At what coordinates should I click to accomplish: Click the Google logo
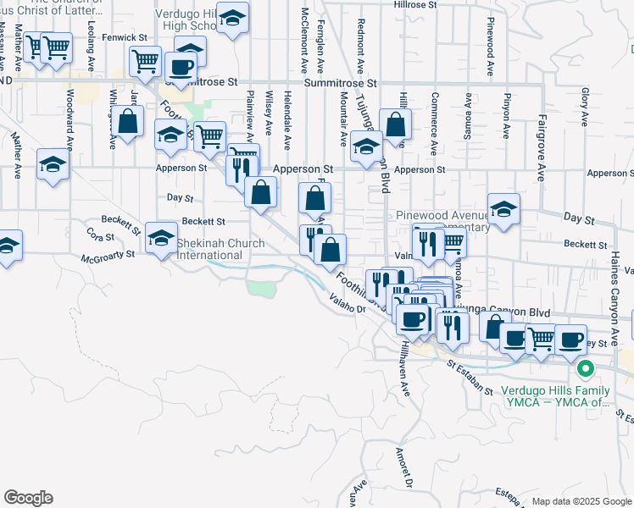(x=28, y=498)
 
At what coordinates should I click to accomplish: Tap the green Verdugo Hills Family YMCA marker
(x=584, y=370)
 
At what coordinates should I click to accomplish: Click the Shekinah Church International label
(x=220, y=249)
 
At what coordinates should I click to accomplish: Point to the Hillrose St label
(x=414, y=4)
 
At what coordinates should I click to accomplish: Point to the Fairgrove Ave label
(x=540, y=152)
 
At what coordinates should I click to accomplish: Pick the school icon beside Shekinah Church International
(x=161, y=238)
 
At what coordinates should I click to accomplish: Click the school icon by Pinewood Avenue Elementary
(x=503, y=210)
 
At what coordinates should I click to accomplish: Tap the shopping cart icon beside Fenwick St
(x=145, y=60)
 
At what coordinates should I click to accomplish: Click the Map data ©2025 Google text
(x=580, y=501)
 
